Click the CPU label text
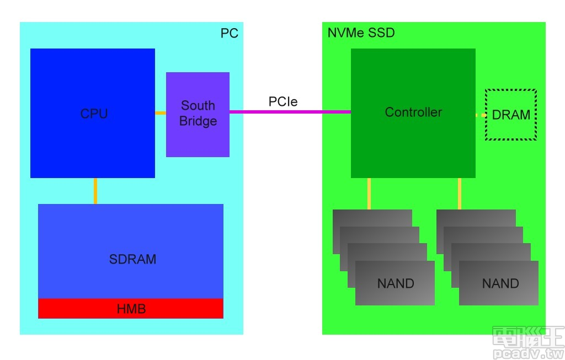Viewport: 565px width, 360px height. coord(94,114)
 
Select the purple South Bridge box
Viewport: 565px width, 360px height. coord(198,138)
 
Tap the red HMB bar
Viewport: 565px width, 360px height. coord(131,309)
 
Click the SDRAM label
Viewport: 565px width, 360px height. coord(132,259)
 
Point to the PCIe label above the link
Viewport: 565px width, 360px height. coord(283,101)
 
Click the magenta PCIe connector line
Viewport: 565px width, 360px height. coord(290,112)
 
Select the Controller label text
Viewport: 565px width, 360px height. coord(413,112)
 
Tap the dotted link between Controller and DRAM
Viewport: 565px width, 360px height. coord(480,115)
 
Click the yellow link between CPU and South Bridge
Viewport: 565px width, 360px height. coord(161,113)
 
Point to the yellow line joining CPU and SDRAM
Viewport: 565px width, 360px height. coord(95,191)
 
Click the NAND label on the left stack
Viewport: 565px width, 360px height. coord(396,283)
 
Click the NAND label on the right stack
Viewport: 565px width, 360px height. coord(500,283)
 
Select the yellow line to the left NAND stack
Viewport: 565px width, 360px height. coord(369,194)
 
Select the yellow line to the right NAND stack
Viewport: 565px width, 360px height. coord(459,194)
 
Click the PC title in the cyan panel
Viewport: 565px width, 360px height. coord(230,33)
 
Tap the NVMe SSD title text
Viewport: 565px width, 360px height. coord(361,33)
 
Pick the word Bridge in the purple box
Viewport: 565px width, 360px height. coord(198,121)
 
